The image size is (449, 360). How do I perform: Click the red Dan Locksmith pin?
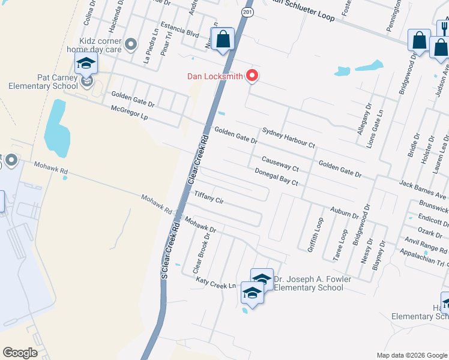253,76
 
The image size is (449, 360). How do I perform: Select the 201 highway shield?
247,11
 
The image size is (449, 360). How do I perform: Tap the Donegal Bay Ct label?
276,176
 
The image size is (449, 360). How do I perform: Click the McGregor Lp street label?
129,113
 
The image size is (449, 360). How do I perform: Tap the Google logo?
20,353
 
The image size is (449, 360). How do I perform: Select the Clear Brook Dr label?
202,254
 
